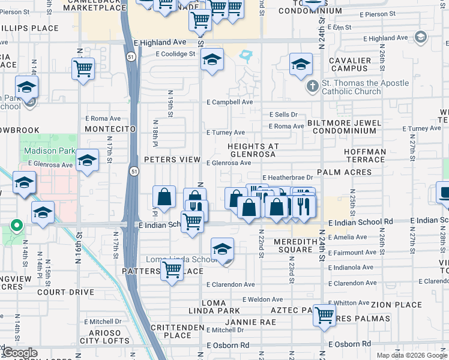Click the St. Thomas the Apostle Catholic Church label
[351, 87]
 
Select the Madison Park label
[50, 151]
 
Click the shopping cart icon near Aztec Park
[324, 314]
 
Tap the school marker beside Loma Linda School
[222, 248]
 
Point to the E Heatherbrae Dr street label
[288, 178]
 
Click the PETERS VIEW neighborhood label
[172, 160]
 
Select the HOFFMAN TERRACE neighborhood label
[365, 155]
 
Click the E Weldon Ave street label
[262, 299]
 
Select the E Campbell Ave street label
[230, 102]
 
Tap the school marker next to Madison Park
[87, 160]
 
